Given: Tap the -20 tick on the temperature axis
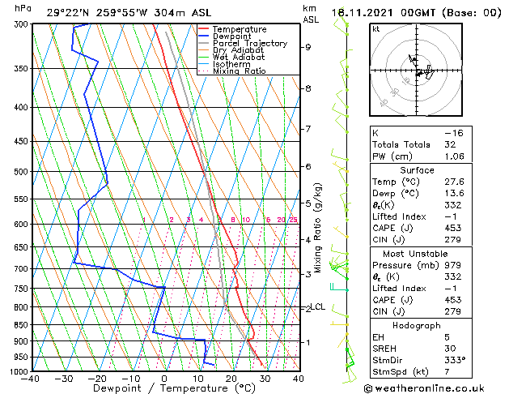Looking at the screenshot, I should point(97,379).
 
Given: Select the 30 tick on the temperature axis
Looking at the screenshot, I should point(265,379).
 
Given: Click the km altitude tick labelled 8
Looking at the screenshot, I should point(308,88).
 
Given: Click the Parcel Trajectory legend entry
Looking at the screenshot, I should point(249,43).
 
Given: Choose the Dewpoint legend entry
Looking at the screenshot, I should point(233,36).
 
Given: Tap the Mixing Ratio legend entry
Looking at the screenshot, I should point(240,71).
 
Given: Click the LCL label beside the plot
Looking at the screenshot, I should point(319,306).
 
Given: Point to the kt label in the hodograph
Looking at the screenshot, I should point(376,28).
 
